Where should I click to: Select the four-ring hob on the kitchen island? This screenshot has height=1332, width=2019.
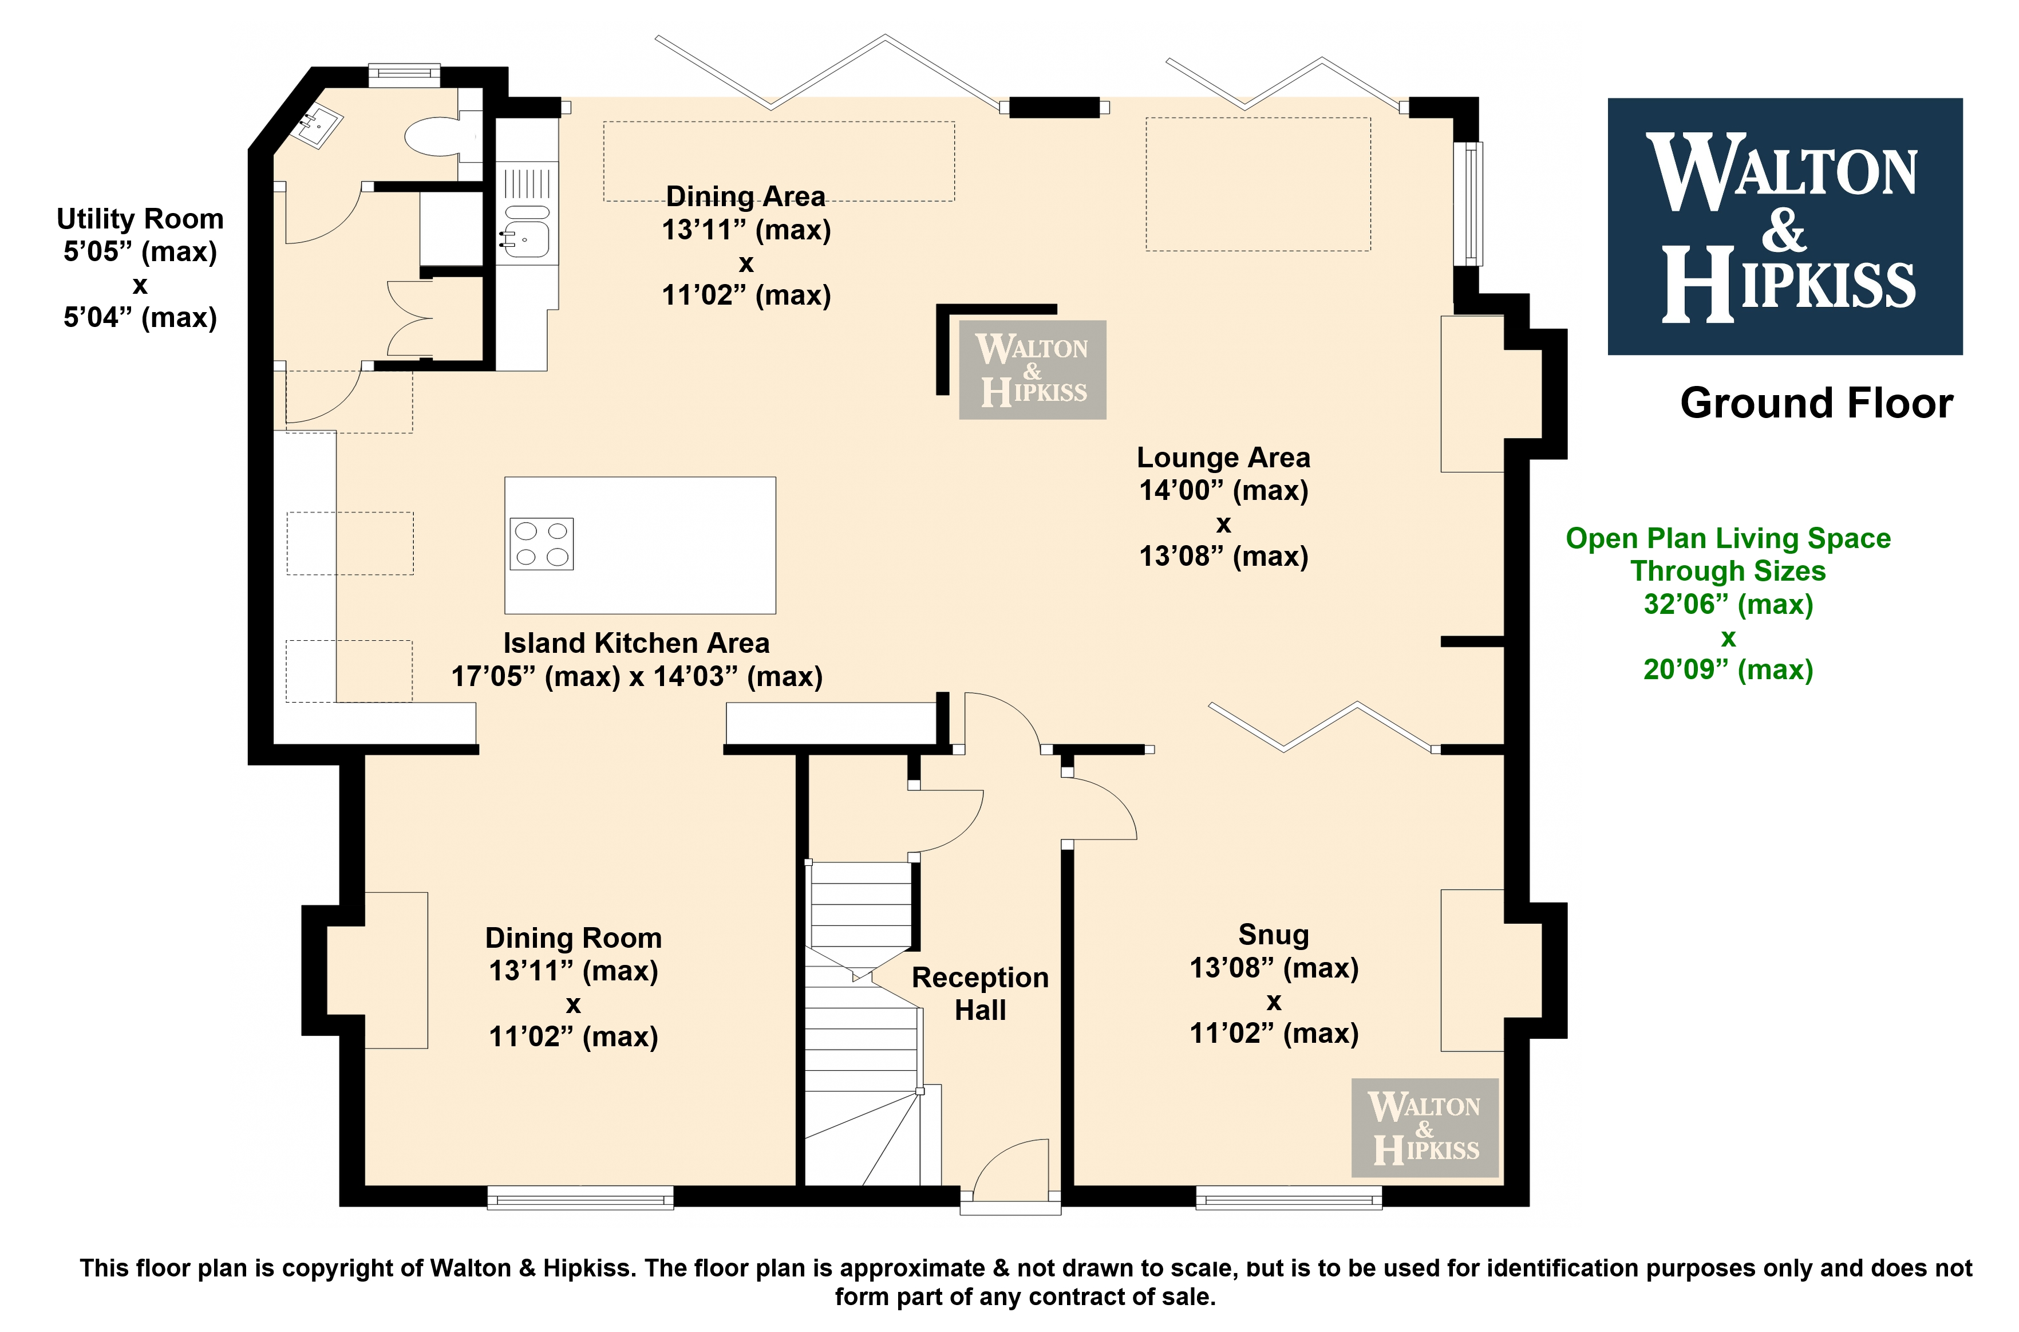click(x=542, y=543)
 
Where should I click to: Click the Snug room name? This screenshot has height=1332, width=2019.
click(x=1274, y=935)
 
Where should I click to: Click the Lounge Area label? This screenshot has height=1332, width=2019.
click(x=1223, y=458)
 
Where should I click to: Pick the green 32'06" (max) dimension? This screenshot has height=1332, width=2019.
click(x=1729, y=604)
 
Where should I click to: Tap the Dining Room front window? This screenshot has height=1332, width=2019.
click(x=580, y=1198)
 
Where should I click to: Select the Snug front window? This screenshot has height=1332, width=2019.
click(x=1289, y=1198)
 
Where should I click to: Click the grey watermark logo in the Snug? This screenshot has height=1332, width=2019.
click(x=1425, y=1127)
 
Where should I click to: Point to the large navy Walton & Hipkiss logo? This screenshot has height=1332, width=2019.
click(x=1785, y=226)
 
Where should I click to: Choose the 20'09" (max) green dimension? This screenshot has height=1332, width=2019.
click(x=1729, y=669)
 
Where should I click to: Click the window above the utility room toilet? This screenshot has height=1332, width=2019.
click(x=404, y=74)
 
